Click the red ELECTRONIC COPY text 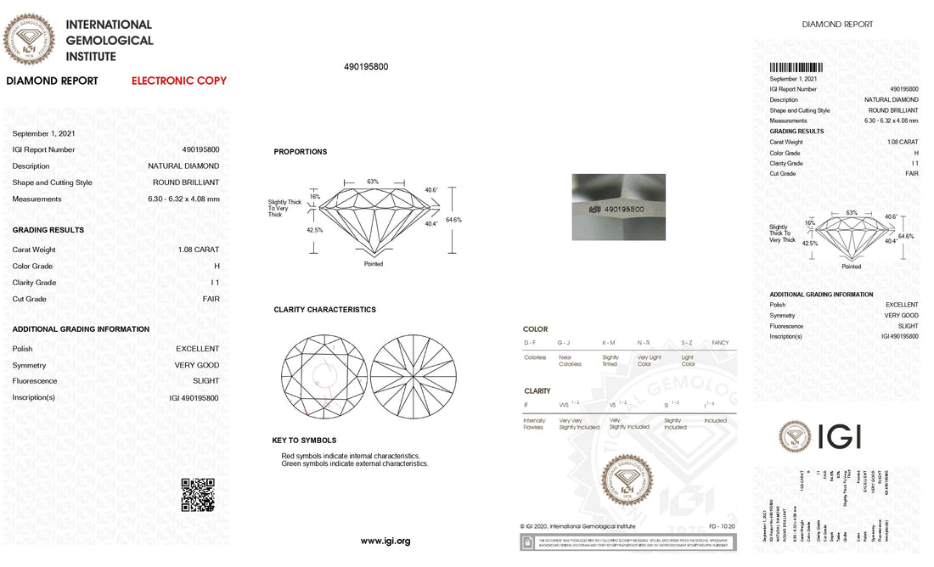tap(179, 81)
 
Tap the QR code tap(198, 495)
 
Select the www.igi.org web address tap(385, 541)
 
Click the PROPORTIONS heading tap(300, 152)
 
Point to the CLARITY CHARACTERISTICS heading tap(324, 310)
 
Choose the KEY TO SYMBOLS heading tap(304, 441)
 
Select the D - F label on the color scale tap(530, 342)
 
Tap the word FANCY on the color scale tap(720, 342)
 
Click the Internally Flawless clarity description tap(535, 424)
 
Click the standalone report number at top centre tap(366, 67)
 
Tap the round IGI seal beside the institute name tap(29, 40)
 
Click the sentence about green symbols tap(355, 463)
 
